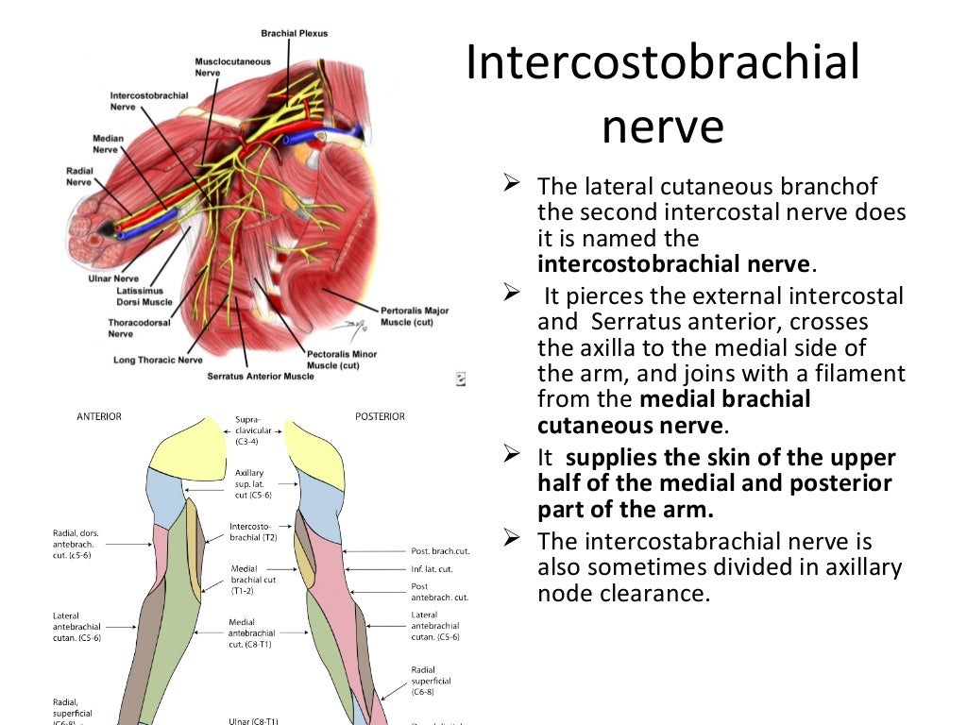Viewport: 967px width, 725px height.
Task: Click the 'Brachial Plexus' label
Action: (294, 34)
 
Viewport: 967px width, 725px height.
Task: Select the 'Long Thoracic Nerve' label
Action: (158, 361)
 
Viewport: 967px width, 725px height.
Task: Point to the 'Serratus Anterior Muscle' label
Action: (260, 376)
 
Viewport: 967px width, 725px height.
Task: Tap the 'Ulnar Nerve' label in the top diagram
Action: (113, 279)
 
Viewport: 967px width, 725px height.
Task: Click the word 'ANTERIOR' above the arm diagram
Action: (98, 416)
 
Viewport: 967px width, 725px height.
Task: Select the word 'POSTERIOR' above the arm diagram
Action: (380, 416)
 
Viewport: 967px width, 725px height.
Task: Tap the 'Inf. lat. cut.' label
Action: (433, 569)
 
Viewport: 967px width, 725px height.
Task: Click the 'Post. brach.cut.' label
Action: (440, 551)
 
